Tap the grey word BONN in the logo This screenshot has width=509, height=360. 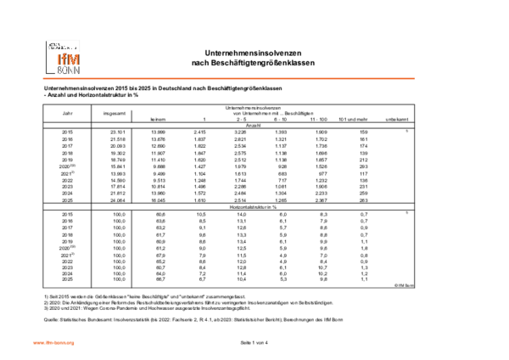click(68, 70)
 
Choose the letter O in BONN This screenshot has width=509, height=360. click(65, 70)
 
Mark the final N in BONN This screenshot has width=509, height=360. click(76, 70)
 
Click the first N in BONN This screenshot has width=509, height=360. click(70, 70)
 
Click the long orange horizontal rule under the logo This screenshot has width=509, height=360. click(229, 78)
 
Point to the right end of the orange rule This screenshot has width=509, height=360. click(414, 78)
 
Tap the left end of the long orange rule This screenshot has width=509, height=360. click(43, 78)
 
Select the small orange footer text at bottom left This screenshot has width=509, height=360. click(54, 343)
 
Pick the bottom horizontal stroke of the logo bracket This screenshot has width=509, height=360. click(51, 75)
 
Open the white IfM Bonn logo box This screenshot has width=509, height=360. click(64, 57)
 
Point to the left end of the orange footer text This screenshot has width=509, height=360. click(33, 343)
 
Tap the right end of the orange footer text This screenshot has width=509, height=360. click(76, 343)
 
